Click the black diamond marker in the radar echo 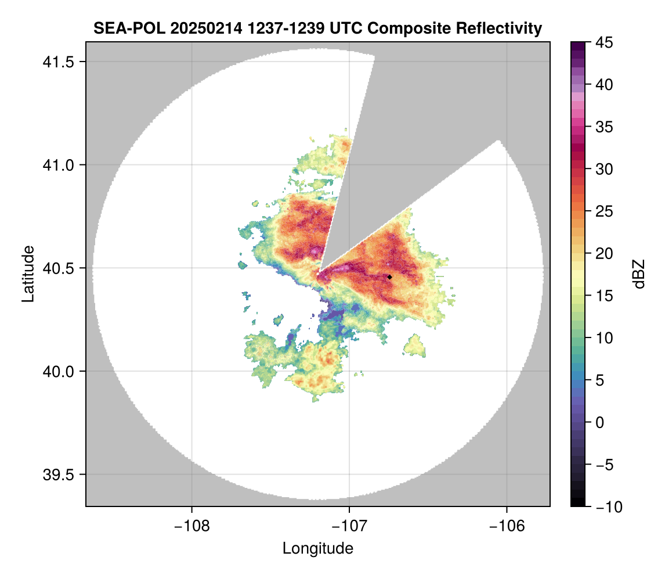[389, 277]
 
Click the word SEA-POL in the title [122, 28]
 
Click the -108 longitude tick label [191, 526]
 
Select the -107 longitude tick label [349, 526]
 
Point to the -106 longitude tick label [507, 526]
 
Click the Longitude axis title [318, 548]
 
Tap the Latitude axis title [28, 274]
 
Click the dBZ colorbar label [639, 274]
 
